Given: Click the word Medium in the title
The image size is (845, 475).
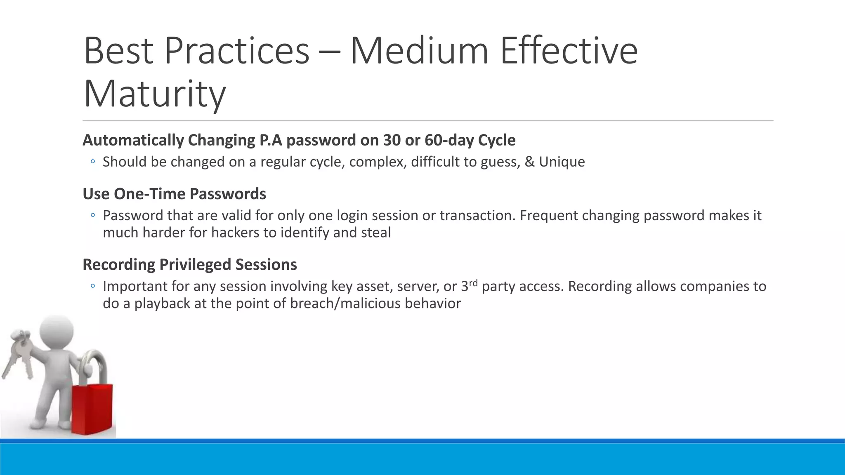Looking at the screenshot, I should tap(419, 51).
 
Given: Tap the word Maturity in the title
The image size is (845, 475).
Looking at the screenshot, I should tap(155, 94).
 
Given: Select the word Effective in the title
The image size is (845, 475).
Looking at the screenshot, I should tap(569, 51).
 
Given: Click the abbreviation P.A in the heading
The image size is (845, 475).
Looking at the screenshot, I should tap(271, 140).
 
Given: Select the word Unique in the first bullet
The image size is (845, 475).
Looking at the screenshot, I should tap(562, 162).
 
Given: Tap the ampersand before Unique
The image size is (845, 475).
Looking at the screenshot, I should tap(529, 162).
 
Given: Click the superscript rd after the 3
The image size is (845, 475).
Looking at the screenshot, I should tap(473, 283).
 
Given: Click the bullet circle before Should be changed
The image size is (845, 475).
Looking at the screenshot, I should tap(93, 162).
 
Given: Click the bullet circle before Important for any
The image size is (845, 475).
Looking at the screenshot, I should tap(93, 286).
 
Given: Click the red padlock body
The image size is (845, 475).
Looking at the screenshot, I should tap(92, 408).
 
